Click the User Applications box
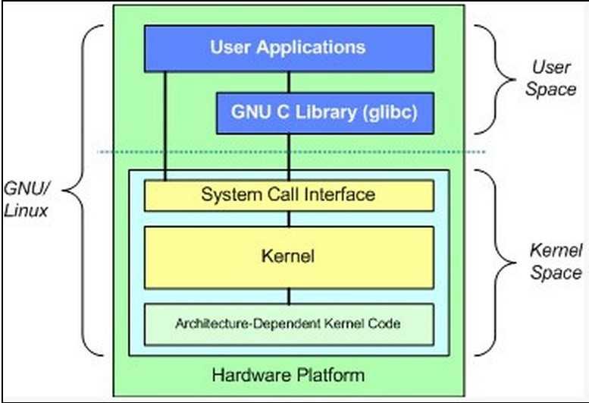point(288,47)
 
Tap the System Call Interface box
point(288,195)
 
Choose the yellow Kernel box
point(288,257)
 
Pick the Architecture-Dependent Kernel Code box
point(288,323)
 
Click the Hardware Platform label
point(288,374)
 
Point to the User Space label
point(551,78)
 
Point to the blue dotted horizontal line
point(288,152)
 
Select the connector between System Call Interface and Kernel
point(288,219)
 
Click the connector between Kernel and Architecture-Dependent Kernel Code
point(288,296)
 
